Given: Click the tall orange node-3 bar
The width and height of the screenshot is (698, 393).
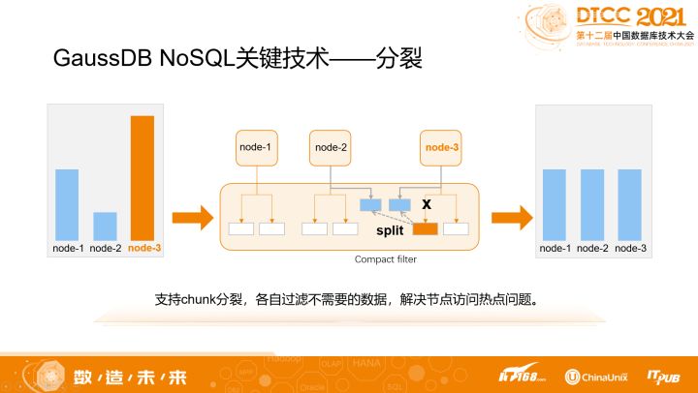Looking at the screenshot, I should (143, 177).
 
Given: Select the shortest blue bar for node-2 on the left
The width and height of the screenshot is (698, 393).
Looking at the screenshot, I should (105, 226).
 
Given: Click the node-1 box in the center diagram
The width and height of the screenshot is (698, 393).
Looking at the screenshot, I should (256, 148).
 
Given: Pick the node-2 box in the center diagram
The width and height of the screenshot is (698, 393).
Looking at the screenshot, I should (330, 148).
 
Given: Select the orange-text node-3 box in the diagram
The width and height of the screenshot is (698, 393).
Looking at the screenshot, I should (442, 148).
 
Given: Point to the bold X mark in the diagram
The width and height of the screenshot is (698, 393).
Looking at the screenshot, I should (426, 204).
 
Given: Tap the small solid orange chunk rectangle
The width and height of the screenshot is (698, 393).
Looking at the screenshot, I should (425, 229).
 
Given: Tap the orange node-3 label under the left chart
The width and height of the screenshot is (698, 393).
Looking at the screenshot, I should (143, 249).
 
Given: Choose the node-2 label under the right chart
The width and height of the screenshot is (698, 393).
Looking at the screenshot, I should (593, 249).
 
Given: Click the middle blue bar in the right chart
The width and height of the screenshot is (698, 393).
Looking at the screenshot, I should (593, 204).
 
